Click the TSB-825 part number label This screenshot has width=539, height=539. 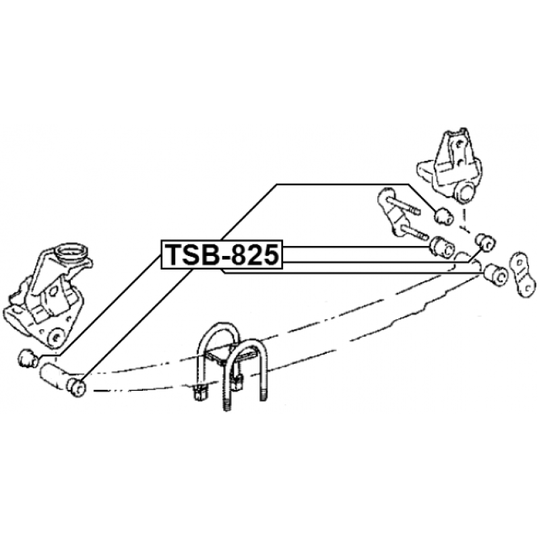tap(222, 255)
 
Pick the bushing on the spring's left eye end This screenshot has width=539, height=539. tap(76, 387)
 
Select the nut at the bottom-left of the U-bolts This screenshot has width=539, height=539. tap(199, 391)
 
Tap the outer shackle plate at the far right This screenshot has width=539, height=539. tap(524, 275)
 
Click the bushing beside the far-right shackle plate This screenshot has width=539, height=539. tap(495, 274)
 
